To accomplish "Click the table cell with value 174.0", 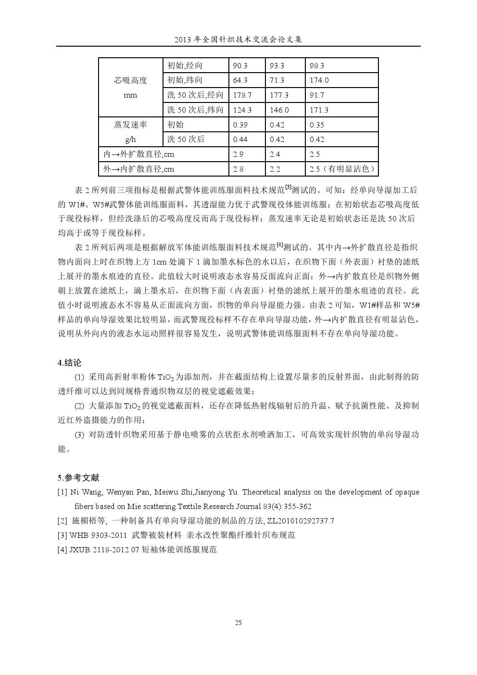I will [319, 80].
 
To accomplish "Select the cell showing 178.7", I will [242, 95].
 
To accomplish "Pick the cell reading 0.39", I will [240, 125].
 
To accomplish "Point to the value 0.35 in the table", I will [317, 125].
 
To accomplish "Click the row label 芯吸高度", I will [130, 80].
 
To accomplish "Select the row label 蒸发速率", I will [130, 125].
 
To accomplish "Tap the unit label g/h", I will [130, 140].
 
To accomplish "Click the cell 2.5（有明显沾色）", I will [341, 169].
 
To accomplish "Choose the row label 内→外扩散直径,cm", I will [139, 154].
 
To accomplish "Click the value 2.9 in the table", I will [238, 154].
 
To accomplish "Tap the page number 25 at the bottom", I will [238, 623].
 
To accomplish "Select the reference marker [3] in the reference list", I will [62, 535].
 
